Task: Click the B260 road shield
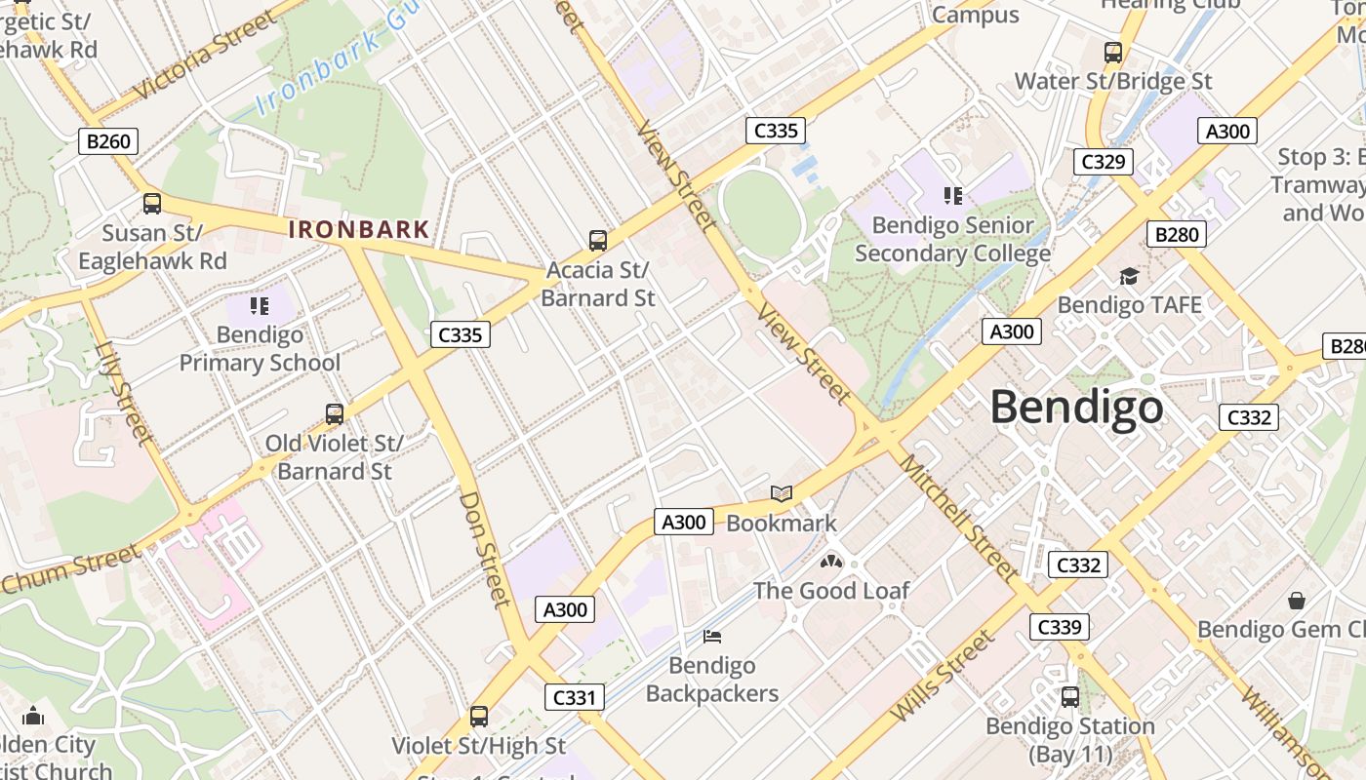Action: point(107,141)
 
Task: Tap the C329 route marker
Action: point(1104,161)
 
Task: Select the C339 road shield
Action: point(1059,627)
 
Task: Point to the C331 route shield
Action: point(574,697)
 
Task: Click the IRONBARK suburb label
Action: point(358,230)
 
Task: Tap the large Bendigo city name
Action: point(1076,408)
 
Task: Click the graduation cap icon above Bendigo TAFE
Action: point(1129,277)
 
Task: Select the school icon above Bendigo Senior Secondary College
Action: point(952,196)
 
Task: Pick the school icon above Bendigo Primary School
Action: point(259,306)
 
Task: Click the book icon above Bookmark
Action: point(782,494)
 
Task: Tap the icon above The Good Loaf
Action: point(830,562)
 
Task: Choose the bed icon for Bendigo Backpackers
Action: point(712,637)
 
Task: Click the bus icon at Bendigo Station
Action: point(1069,697)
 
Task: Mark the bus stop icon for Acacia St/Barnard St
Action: point(597,240)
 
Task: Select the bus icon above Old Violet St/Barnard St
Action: point(334,414)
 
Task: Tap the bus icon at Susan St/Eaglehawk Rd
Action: point(151,204)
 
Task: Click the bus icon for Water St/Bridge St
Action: point(1112,53)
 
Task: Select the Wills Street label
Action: point(942,676)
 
